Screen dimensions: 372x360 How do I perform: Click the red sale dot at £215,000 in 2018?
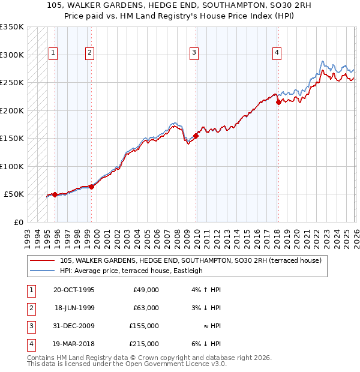pos(278,103)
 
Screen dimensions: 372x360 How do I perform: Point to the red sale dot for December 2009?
pos(196,136)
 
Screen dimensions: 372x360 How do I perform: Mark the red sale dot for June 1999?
pos(91,187)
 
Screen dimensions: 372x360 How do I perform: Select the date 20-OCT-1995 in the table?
pos(74,290)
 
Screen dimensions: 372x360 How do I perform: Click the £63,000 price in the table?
pos(146,308)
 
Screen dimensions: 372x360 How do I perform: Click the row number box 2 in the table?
pos(30,308)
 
